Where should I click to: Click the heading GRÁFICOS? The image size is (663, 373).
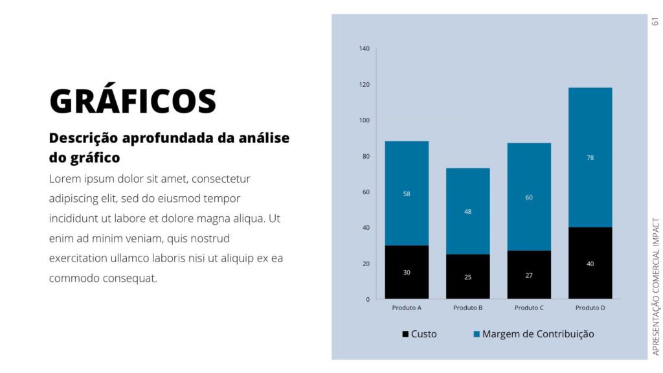[133, 101]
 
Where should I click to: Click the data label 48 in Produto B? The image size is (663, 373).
[467, 212]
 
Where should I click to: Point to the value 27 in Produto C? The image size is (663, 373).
[529, 275]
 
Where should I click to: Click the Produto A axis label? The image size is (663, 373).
[407, 308]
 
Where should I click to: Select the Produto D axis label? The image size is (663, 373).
[590, 308]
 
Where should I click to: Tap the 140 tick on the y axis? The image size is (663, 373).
[364, 49]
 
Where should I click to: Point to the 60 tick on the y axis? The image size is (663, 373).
[366, 192]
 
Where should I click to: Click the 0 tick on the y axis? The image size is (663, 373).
[368, 299]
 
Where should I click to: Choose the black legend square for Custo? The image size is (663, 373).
[405, 334]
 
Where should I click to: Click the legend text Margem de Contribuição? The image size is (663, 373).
[538, 334]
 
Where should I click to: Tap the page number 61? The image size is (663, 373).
[655, 21]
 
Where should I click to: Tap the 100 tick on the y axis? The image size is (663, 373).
[364, 120]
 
